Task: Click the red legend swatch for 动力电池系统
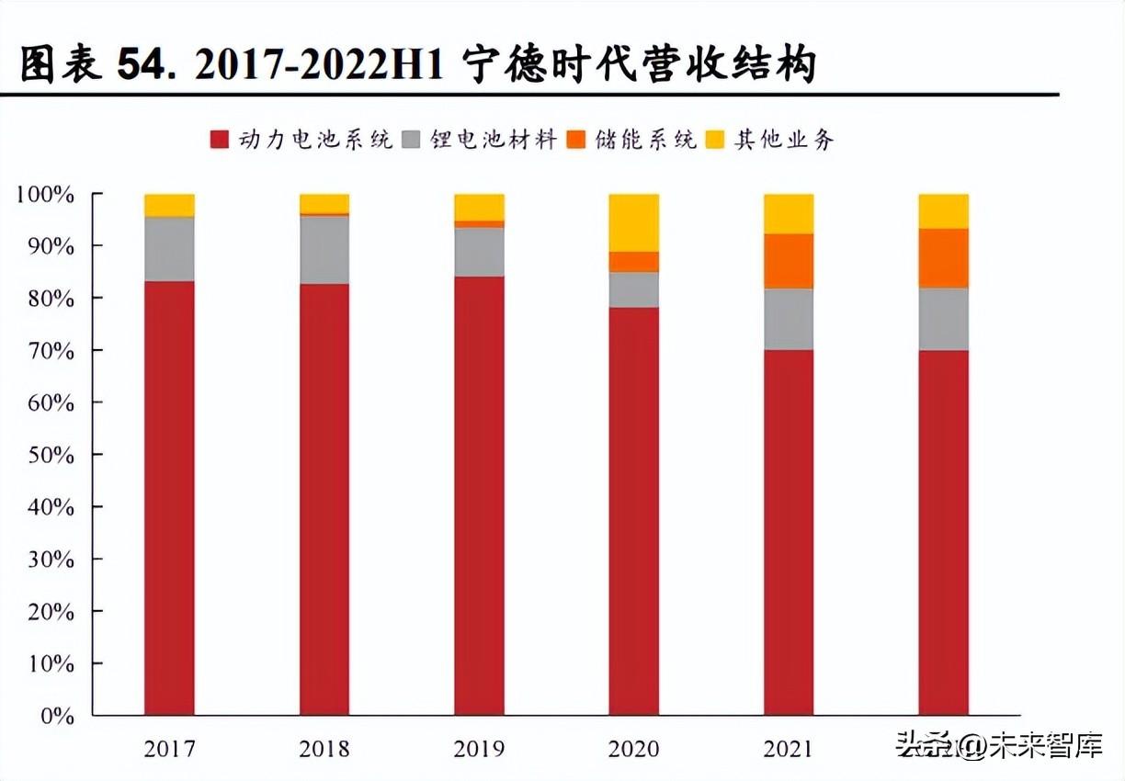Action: [219, 140]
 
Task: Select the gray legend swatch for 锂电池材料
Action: [411, 140]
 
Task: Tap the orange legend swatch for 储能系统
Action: [575, 140]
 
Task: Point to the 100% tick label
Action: [44, 195]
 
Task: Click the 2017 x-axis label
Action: [169, 749]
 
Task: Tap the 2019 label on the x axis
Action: [479, 749]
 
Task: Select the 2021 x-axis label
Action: [789, 749]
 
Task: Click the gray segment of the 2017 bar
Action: [169, 249]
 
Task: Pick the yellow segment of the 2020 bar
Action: [634, 222]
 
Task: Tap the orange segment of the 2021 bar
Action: [789, 261]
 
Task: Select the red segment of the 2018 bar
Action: [324, 496]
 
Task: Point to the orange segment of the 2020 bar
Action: [634, 262]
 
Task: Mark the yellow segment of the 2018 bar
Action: [324, 203]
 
